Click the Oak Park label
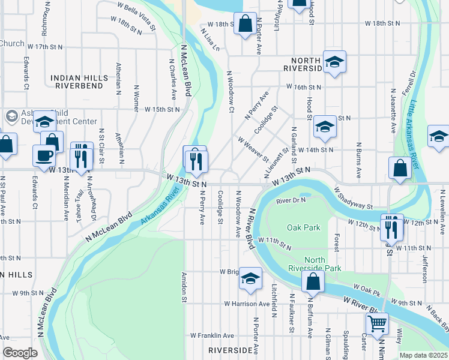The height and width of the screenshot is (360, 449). [304, 227]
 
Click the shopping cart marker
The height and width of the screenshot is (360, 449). [377, 323]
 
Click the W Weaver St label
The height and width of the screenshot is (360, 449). [253, 148]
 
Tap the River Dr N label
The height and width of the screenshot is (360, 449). [291, 200]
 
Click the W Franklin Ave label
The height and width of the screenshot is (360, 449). [212, 335]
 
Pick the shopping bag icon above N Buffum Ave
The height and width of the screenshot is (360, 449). [313, 281]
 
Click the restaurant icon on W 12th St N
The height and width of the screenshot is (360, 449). [391, 227]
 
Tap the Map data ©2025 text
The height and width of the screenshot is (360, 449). [423, 355]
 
